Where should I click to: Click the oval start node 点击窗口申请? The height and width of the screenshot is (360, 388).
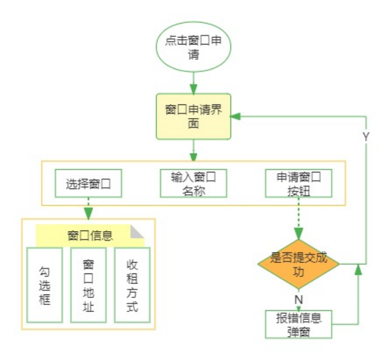[193, 47]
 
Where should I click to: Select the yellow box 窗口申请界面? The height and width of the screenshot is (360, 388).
[193, 116]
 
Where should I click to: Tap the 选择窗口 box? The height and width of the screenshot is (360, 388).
[88, 184]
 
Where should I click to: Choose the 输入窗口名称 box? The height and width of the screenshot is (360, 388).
[193, 184]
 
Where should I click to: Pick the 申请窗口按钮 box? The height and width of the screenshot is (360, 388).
[298, 184]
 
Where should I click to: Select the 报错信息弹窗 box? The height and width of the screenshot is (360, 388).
[298, 324]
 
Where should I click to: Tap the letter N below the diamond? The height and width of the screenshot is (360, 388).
[298, 299]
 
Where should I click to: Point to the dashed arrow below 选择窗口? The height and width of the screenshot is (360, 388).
[88, 207]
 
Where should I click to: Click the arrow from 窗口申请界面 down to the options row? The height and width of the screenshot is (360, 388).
[193, 150]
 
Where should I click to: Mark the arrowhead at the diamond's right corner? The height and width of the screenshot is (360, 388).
[358, 270]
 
